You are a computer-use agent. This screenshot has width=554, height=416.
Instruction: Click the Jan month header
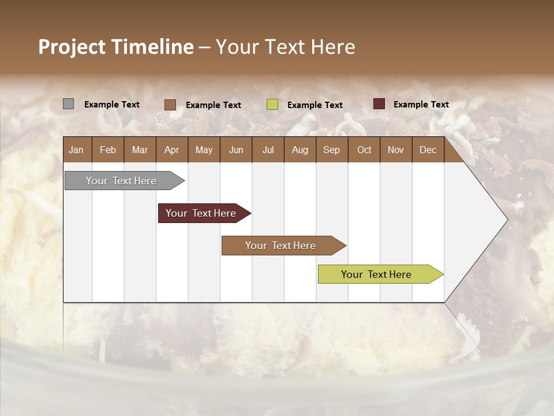76,150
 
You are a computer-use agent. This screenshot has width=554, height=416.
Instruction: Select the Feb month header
108,150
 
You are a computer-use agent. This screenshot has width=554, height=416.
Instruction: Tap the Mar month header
140,150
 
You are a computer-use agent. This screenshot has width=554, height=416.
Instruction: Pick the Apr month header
171,150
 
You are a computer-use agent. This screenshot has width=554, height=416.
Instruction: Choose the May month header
204,150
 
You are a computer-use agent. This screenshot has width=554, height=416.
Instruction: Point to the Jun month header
236,150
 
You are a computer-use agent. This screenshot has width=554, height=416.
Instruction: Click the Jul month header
268,150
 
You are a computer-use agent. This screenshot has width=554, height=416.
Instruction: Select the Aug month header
300,150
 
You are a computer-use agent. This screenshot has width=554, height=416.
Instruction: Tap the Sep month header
332,150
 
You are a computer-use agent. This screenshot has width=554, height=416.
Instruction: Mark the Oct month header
364,150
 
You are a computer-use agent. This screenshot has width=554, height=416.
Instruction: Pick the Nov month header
396,150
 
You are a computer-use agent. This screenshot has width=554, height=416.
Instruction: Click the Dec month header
428,150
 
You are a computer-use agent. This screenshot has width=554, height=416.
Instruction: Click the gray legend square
69,104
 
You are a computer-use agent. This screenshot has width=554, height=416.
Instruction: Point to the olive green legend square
272,105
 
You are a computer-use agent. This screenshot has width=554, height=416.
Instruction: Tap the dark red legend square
379,104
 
